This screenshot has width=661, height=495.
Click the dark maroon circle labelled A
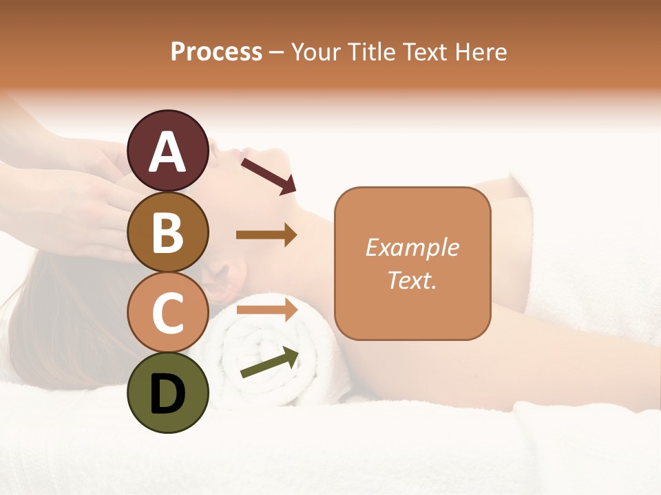(x=168, y=151)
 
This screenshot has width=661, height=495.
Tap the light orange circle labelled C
(x=168, y=312)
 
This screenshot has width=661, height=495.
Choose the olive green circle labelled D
(x=168, y=393)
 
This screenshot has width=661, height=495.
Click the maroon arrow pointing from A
(x=268, y=175)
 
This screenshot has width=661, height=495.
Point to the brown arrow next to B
(x=266, y=235)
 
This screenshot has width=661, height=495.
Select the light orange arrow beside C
(x=266, y=309)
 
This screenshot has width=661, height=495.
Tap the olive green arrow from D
(x=269, y=362)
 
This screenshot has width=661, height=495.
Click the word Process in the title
(x=216, y=52)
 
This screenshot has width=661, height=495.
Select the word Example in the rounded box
(x=412, y=247)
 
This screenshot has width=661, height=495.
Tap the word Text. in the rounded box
(x=412, y=280)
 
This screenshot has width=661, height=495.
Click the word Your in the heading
(x=314, y=52)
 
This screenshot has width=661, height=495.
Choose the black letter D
(x=168, y=394)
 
